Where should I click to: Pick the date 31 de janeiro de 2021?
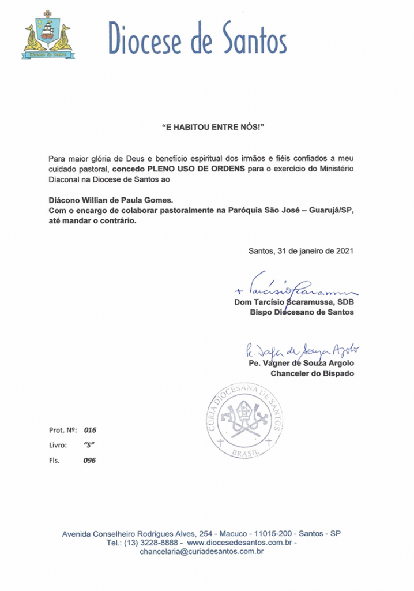[x=314, y=251]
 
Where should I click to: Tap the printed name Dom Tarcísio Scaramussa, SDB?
[x=294, y=302]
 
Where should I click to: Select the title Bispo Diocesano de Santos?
[x=302, y=312]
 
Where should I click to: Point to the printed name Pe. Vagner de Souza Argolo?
[x=300, y=363]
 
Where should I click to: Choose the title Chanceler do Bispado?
[x=313, y=373]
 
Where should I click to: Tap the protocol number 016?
[x=89, y=430]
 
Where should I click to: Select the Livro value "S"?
[x=89, y=445]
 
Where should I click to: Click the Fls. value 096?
[x=89, y=461]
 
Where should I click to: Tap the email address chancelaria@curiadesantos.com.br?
[x=202, y=552]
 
